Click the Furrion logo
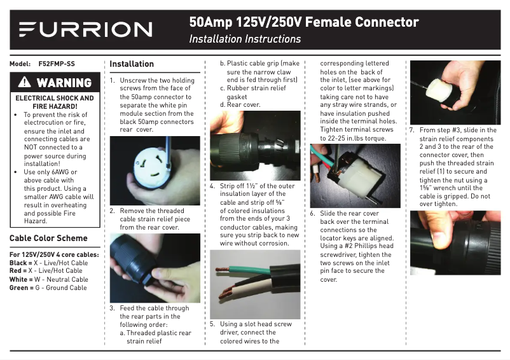[x=86, y=29]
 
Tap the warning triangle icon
[x=24, y=82]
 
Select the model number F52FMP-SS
[x=57, y=64]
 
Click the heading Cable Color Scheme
[x=48, y=238]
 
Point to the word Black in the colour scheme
[x=18, y=263]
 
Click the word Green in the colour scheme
[x=18, y=287]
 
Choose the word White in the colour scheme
[x=18, y=279]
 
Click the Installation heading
[x=132, y=64]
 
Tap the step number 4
[x=212, y=186]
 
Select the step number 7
[x=412, y=130]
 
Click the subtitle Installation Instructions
[x=245, y=39]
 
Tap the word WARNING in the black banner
[x=64, y=83]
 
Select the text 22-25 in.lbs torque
[x=357, y=138]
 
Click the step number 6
[x=312, y=213]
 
